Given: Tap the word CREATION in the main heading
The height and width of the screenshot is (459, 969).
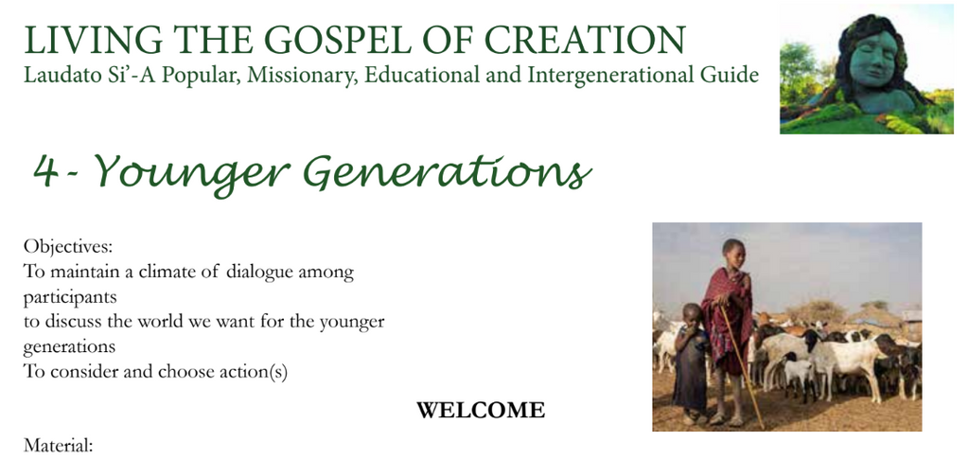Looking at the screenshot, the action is (584, 40).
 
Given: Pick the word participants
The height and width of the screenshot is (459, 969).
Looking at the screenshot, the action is (70, 298).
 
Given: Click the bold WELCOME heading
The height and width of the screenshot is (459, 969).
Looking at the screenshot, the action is (481, 410).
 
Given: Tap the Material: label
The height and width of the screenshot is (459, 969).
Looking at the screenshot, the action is (58, 445).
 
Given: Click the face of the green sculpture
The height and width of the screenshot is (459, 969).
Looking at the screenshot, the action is (873, 59).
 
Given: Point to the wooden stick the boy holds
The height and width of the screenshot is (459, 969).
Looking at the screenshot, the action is (742, 365).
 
